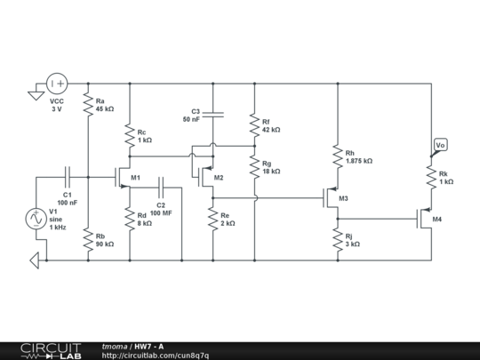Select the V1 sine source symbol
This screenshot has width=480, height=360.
point(37,218)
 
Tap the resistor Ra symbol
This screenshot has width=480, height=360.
point(88,105)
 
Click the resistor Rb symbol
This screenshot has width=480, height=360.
point(88,239)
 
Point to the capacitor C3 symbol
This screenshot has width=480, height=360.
point(212,114)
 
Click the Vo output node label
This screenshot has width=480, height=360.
point(440,145)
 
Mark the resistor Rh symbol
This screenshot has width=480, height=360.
point(337,156)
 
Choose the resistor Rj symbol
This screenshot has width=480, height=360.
point(337,239)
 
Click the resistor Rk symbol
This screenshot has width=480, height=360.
point(432,177)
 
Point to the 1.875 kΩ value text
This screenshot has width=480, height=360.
point(359,161)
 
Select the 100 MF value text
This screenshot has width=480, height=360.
point(161,213)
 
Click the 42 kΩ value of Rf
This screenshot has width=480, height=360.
point(271,130)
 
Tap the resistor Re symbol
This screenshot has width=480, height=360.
point(212,219)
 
